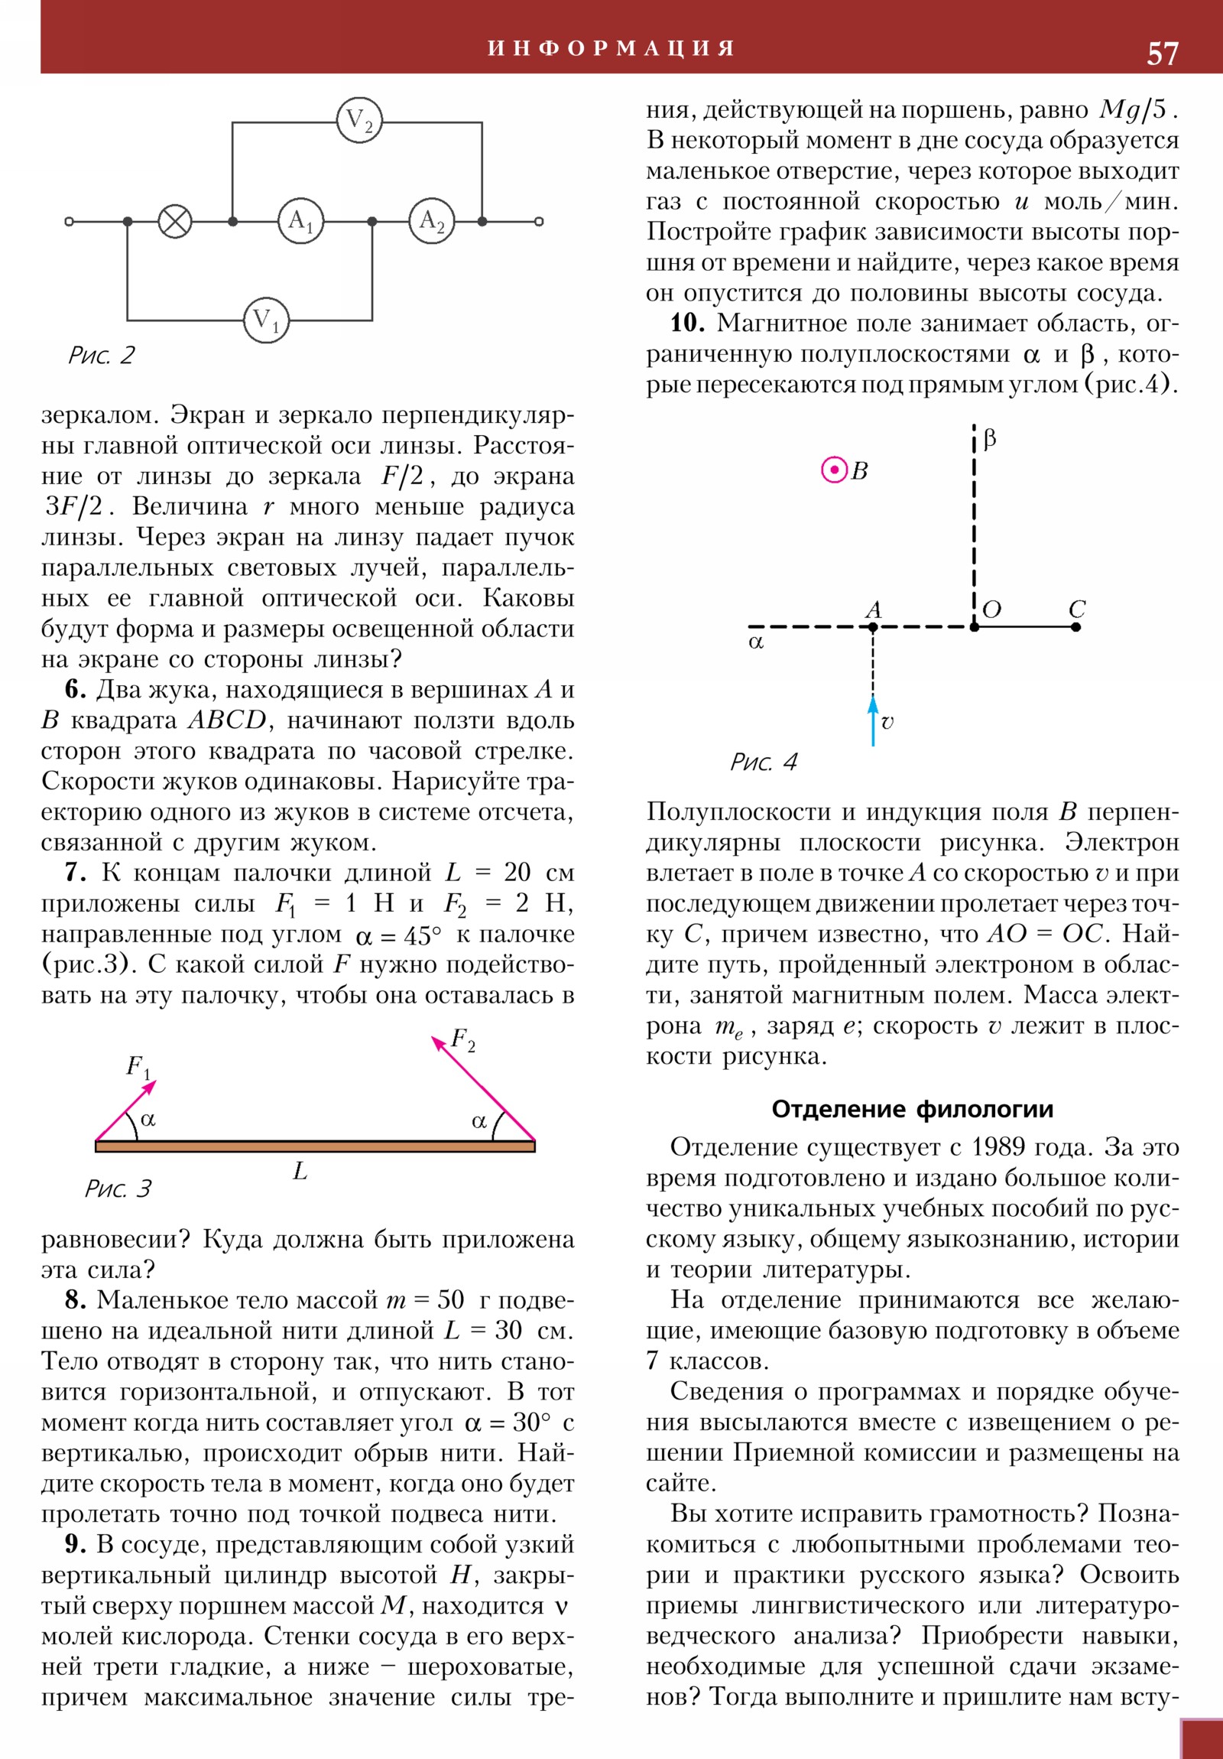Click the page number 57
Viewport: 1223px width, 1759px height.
point(1162,54)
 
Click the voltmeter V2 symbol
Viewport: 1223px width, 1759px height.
point(359,120)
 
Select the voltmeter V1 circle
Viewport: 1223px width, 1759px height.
point(266,320)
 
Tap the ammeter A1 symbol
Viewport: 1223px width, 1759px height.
point(301,222)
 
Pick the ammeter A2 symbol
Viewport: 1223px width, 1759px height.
point(432,222)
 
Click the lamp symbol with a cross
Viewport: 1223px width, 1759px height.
point(175,222)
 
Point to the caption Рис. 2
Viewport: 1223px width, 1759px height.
point(101,356)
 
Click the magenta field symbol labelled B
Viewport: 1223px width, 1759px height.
point(834,470)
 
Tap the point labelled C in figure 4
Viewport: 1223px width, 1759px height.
point(1076,626)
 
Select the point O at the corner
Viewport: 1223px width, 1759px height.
point(974,626)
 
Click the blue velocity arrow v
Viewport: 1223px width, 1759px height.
point(873,720)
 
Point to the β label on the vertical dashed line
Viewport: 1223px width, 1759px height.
point(989,439)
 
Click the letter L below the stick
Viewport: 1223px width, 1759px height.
point(300,1171)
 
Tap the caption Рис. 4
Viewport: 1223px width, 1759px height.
point(764,762)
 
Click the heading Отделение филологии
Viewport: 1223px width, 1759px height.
point(912,1109)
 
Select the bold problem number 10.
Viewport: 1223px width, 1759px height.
point(687,324)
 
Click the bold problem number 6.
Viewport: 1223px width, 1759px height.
point(75,690)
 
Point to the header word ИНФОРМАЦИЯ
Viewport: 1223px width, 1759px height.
point(611,48)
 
